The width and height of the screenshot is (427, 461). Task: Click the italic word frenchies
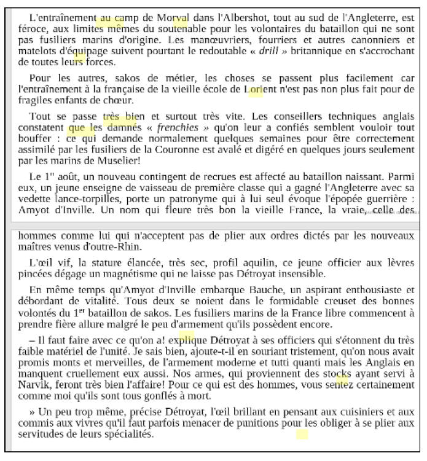(176, 128)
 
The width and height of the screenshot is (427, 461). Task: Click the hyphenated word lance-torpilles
(101, 200)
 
